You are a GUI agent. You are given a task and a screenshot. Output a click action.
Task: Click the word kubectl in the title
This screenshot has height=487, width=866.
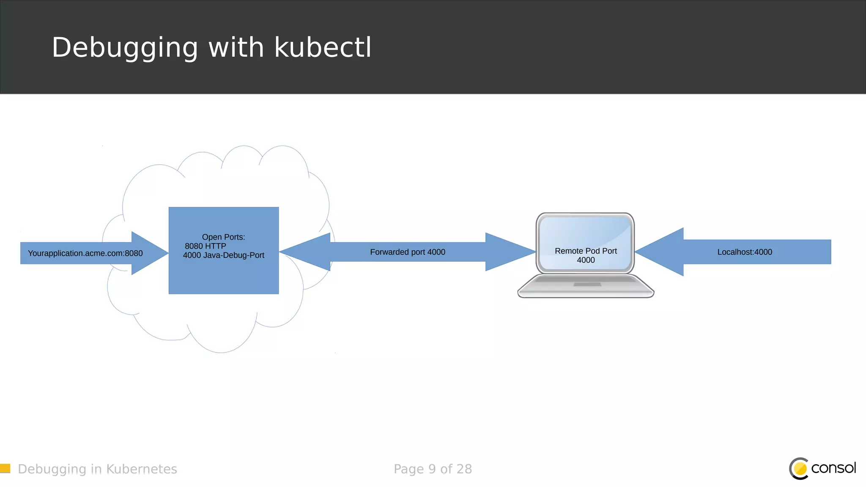[323, 47]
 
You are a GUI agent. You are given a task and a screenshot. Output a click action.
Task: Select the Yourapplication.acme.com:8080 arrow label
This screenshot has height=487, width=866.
[85, 253]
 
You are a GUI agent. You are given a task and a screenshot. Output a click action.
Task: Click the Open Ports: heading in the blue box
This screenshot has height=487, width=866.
[223, 237]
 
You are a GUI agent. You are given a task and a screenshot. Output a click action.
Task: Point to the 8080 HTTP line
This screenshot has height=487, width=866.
[206, 246]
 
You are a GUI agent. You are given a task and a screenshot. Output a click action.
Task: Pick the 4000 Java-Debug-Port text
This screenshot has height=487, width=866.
[223, 255]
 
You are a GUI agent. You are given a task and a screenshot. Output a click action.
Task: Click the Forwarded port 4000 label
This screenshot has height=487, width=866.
[408, 252]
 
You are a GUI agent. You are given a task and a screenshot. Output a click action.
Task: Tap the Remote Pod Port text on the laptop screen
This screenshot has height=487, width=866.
[586, 251]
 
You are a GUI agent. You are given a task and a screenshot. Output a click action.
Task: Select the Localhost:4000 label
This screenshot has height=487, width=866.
[745, 252]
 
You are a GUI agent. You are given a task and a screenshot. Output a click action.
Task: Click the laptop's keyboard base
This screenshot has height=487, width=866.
[586, 286]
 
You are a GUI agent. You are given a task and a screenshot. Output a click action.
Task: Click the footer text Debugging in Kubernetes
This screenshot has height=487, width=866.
[97, 469]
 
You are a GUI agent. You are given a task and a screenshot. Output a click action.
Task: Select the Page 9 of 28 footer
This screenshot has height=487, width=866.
[433, 469]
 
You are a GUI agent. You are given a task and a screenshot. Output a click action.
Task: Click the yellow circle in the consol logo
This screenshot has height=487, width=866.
[800, 469]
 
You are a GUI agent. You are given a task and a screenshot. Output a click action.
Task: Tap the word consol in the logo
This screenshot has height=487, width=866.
[833, 468]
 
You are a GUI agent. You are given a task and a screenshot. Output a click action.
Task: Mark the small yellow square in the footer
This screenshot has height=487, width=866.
[5, 468]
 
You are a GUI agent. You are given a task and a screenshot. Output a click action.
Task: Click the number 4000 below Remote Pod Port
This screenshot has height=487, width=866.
[586, 260]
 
